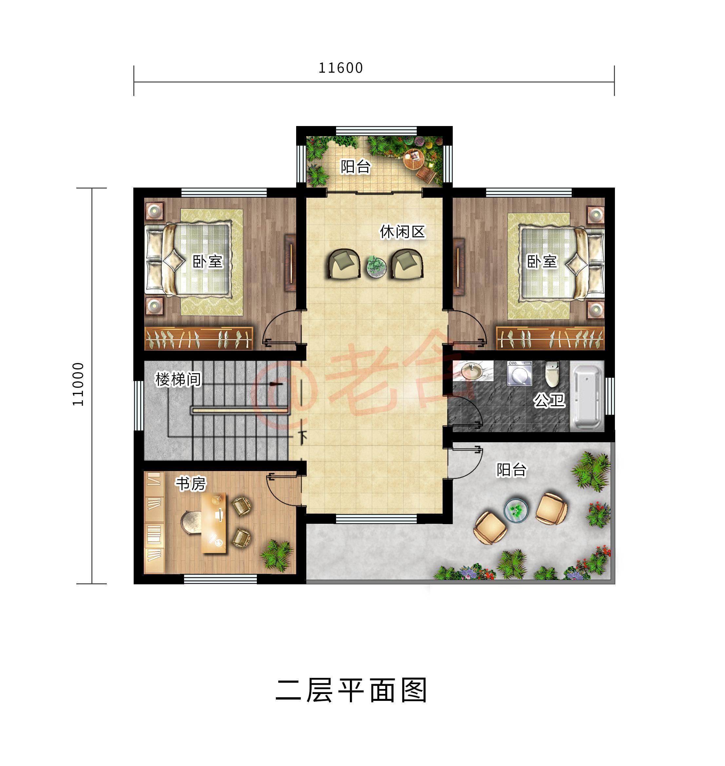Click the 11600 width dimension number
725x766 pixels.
340,68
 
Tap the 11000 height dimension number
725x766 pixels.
78,384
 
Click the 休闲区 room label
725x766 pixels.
402,232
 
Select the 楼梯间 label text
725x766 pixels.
178,379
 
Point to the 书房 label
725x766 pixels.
191,483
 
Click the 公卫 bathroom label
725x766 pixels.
549,400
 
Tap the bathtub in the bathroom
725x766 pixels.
587,396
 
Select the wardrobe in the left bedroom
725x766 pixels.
199,338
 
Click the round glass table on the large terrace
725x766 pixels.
516,510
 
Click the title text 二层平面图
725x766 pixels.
351,690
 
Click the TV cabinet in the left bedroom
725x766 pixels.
290,263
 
